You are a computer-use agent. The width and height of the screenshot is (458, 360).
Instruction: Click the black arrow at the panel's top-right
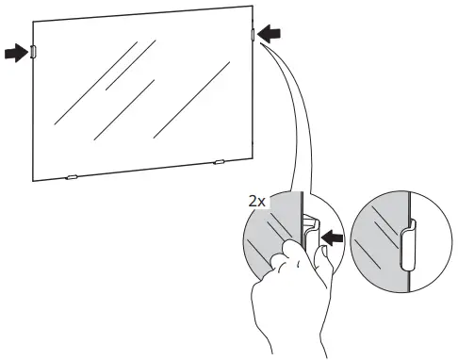point(270,35)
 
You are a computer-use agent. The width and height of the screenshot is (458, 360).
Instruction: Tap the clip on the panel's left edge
point(33,53)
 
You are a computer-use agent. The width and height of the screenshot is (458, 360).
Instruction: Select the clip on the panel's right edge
point(253,36)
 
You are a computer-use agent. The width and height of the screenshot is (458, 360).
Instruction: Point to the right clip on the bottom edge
point(219,162)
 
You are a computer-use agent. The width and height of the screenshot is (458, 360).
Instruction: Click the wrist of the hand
point(283,339)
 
